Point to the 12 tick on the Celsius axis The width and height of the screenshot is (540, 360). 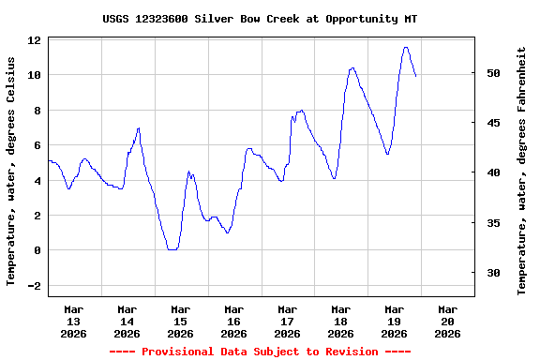click(34, 40)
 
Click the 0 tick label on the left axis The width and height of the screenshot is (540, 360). click(37, 250)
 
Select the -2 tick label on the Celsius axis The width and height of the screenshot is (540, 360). click(34, 286)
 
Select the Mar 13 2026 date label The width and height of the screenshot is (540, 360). click(73, 321)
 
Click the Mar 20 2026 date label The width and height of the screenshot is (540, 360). click(448, 321)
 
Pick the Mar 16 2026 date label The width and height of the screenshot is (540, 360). click(233, 321)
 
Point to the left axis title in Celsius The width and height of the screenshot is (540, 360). click(11, 170)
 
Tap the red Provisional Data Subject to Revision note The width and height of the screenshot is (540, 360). click(260, 352)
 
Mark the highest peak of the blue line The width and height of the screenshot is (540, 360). click(405, 47)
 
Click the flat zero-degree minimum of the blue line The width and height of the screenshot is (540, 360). click(172, 249)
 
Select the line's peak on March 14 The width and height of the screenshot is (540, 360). click(139, 128)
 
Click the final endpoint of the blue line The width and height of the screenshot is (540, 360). click(416, 76)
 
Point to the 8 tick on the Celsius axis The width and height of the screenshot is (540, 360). click(37, 111)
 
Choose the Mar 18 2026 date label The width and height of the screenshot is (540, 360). click(340, 321)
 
